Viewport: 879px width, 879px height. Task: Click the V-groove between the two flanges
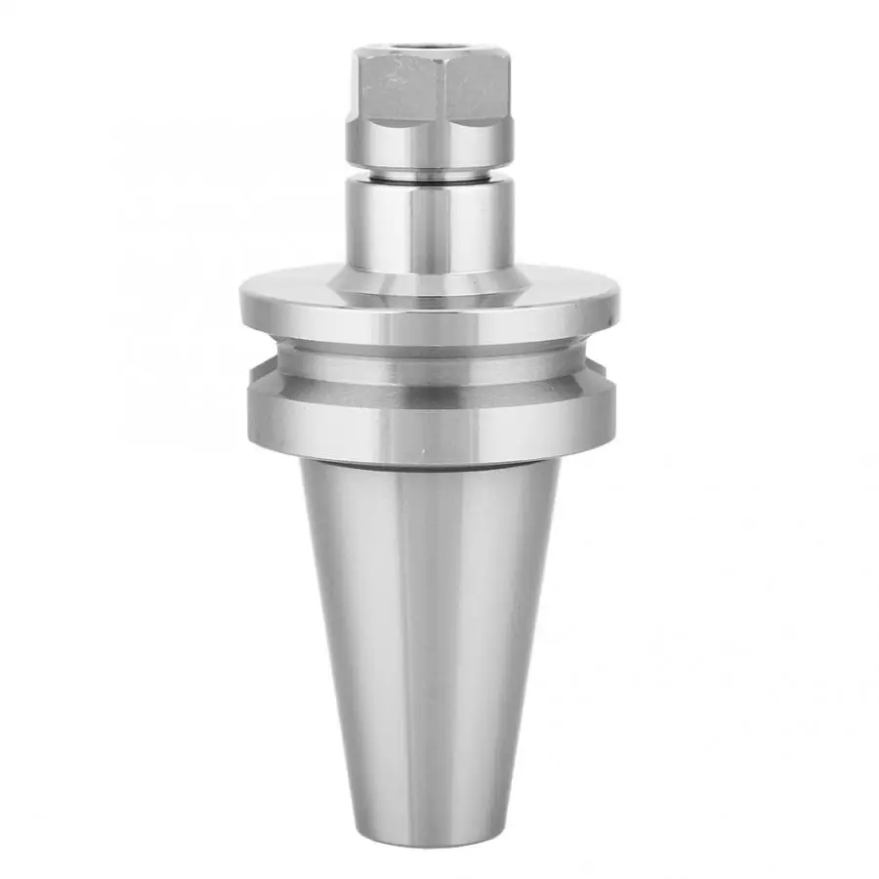(x=430, y=366)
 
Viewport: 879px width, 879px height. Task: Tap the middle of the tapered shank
(x=430, y=645)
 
